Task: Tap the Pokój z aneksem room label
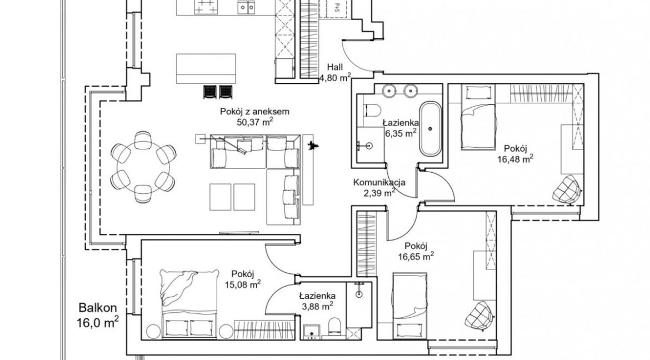click(x=254, y=116)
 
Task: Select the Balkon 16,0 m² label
click(x=98, y=315)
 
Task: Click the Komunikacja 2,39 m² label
click(x=379, y=187)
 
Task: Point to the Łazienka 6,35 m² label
click(x=400, y=128)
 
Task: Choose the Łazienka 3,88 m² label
click(x=317, y=301)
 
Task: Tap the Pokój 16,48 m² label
click(x=515, y=153)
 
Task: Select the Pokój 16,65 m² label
click(x=416, y=251)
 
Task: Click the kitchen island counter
click(x=206, y=68)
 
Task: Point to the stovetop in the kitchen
click(x=205, y=6)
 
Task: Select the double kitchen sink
click(x=246, y=7)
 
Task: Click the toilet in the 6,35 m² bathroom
click(x=372, y=111)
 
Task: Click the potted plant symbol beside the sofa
click(x=311, y=145)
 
